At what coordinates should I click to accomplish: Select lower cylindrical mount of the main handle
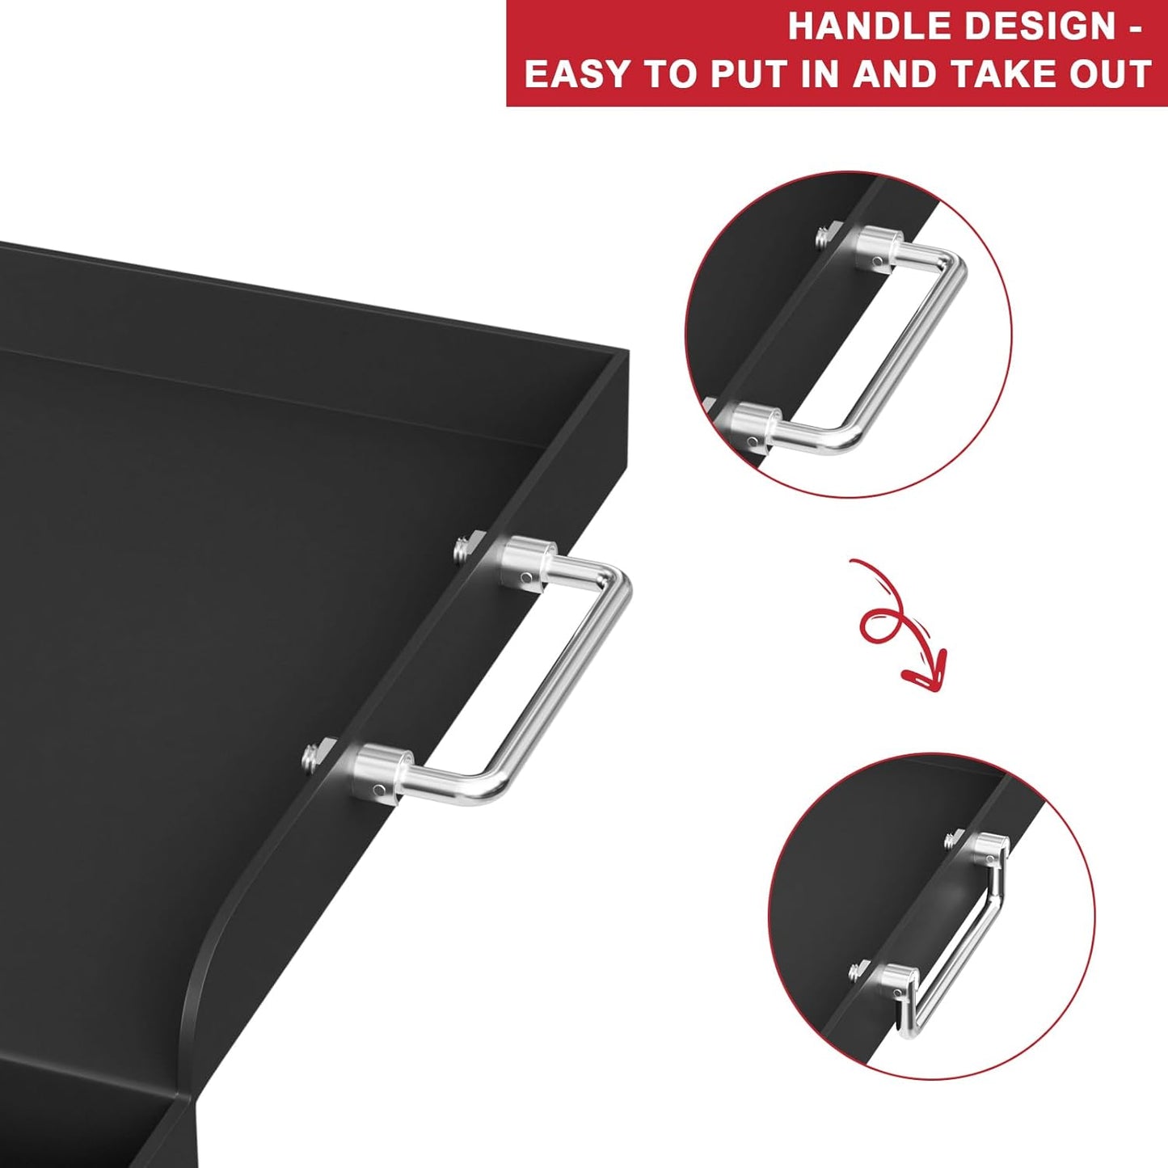click(381, 770)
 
